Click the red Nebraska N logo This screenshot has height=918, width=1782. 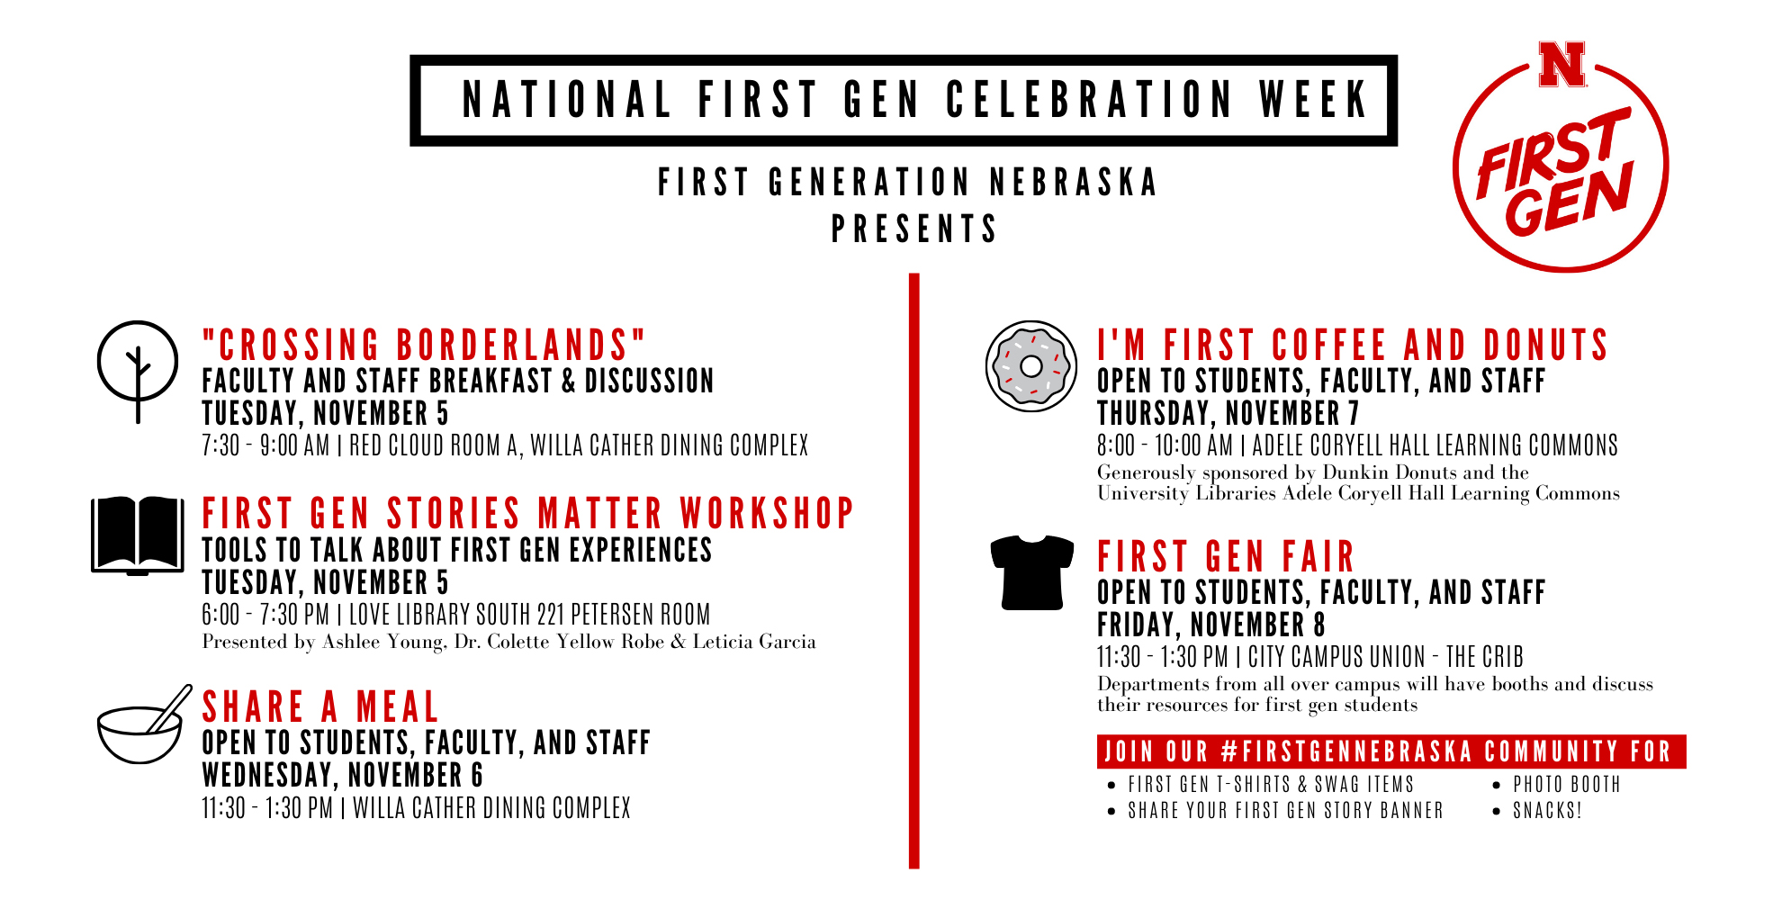1561,64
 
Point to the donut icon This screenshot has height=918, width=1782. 1031,366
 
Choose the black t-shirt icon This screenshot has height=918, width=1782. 1031,572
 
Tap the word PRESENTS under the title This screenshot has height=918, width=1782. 913,229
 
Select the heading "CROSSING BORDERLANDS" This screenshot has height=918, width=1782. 424,346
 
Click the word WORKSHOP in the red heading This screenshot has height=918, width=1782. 766,514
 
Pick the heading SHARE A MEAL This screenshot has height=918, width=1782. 320,706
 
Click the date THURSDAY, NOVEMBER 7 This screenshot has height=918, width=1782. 1228,413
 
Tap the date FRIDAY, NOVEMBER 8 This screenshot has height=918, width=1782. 1210,625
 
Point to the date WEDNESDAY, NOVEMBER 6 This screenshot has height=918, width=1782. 342,775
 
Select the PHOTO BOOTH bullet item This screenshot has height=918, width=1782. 1566,785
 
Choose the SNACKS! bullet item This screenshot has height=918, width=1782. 1547,811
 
